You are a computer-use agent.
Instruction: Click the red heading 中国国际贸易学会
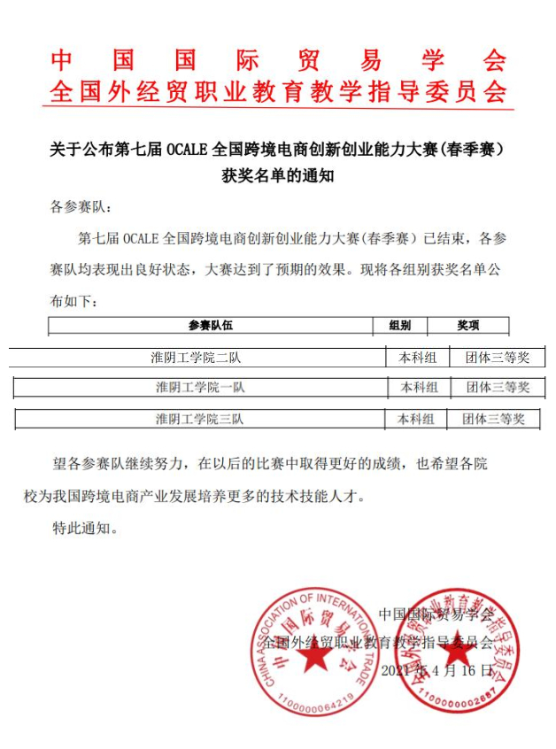[x=278, y=60]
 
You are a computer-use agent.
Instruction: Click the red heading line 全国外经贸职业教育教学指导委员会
[x=278, y=90]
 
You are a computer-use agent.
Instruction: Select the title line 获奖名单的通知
[x=277, y=175]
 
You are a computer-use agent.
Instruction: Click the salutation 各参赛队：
[x=81, y=208]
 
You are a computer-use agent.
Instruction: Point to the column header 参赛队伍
[x=211, y=326]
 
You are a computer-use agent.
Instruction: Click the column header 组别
[x=400, y=326]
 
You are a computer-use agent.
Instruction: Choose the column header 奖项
[x=468, y=326]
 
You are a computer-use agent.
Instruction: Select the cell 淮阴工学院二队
[x=196, y=358]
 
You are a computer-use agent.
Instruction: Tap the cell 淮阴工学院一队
[x=200, y=387]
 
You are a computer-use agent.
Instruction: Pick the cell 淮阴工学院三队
[x=199, y=418]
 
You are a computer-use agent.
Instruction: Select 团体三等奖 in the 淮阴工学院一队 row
[x=498, y=387]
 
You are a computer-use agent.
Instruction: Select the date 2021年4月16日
[x=436, y=670]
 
